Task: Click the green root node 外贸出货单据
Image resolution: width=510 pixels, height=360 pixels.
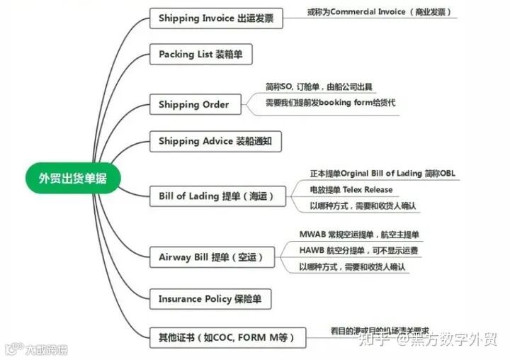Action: pyautogui.click(x=73, y=178)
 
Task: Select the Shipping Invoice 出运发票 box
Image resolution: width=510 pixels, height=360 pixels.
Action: pyautogui.click(x=216, y=18)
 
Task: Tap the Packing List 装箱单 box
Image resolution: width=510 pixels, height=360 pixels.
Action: pyautogui.click(x=205, y=55)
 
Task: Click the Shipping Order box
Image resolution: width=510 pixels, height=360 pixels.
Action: pyautogui.click(x=193, y=104)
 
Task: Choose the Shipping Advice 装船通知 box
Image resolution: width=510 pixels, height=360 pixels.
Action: pyautogui.click(x=215, y=141)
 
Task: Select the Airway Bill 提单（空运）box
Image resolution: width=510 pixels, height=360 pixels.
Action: pyautogui.click(x=211, y=257)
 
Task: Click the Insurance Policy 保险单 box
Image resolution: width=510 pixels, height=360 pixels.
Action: pyautogui.click(x=210, y=299)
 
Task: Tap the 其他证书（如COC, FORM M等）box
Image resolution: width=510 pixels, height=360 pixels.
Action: pyautogui.click(x=227, y=337)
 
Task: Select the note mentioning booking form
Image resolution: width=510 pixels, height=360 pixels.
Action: pyautogui.click(x=330, y=103)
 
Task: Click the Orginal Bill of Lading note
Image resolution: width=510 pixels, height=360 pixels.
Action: pyautogui.click(x=382, y=174)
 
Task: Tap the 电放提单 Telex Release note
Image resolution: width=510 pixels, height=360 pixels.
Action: pyautogui.click(x=351, y=190)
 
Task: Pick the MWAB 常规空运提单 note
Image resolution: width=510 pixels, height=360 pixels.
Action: pyautogui.click(x=359, y=235)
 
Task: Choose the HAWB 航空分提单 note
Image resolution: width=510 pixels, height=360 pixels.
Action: pyautogui.click(x=358, y=251)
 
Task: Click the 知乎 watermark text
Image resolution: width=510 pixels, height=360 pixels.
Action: pyautogui.click(x=376, y=340)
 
